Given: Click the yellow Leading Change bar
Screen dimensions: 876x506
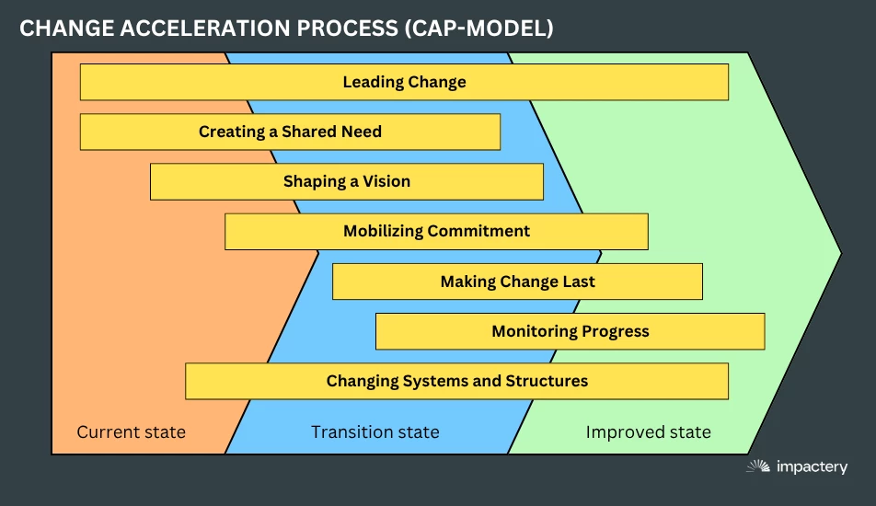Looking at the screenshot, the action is tap(404, 82).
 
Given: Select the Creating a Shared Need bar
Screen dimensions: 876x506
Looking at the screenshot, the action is tap(290, 132).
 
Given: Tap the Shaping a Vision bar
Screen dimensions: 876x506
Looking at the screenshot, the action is tap(346, 181).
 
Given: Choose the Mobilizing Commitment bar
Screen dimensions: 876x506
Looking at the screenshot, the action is tap(436, 231).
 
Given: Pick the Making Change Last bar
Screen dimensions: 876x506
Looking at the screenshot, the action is tap(517, 282).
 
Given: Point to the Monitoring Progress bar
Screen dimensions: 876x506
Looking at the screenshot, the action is tap(570, 331).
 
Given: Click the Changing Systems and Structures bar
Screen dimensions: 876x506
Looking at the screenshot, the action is tap(456, 381).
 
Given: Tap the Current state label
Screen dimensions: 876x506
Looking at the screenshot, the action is tap(132, 431).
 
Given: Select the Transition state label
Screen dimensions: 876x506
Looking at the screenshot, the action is tap(375, 431).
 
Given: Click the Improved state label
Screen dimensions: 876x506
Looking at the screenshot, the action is tap(648, 431).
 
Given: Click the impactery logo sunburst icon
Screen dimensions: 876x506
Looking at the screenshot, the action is tap(758, 466).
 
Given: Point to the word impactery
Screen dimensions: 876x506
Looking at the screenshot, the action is tap(812, 467).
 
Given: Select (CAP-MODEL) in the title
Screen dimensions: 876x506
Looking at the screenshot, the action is tap(478, 28).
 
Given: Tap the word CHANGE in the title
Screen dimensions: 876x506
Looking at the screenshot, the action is tap(66, 28).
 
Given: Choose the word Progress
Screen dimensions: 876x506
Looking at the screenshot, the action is tap(615, 332).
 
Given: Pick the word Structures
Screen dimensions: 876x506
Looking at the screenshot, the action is tap(547, 380).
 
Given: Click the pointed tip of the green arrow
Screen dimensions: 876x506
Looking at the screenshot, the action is tap(841, 253).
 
